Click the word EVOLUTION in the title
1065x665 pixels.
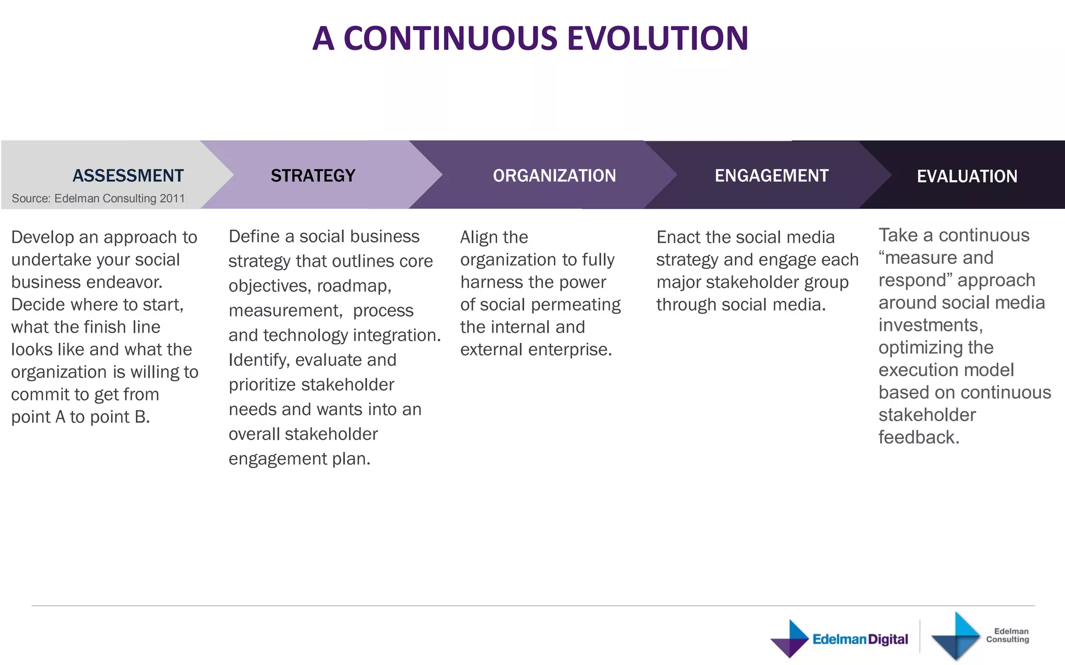(657, 38)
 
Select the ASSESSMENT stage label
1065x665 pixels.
(128, 176)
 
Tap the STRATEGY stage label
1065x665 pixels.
(313, 176)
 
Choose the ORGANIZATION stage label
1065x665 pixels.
(554, 176)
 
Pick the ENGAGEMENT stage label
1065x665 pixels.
(771, 176)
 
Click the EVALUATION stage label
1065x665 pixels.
(967, 177)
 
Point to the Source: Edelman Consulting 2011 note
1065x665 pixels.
(98, 198)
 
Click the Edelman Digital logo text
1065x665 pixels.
(860, 639)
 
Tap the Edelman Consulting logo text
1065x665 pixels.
(1007, 635)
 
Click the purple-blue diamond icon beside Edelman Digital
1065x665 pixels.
(789, 639)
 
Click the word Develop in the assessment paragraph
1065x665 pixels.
(42, 237)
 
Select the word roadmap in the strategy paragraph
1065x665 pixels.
(354, 286)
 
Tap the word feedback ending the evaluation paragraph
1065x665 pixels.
(918, 437)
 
